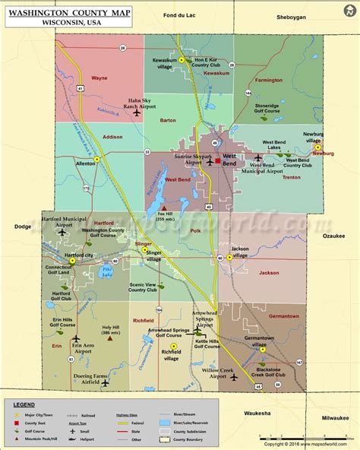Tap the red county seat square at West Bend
coord(217,160)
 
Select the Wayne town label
coord(99,78)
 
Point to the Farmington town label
coord(268,79)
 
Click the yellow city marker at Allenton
coord(97,159)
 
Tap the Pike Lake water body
coord(106,269)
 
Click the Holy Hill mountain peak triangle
coord(110,339)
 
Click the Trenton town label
coord(292,177)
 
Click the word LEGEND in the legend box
coord(24,404)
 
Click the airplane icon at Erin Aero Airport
coord(76,338)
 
